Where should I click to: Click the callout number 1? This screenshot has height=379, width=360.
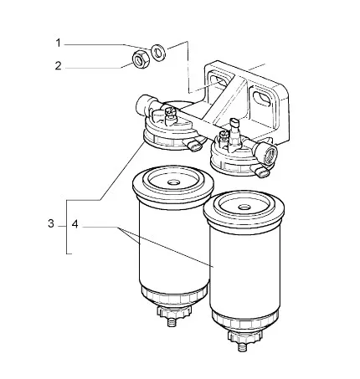[x=58, y=44]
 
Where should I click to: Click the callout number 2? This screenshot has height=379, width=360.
[x=58, y=66]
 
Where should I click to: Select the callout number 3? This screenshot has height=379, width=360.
[x=51, y=223]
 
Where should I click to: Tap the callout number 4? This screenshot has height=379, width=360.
[x=75, y=224]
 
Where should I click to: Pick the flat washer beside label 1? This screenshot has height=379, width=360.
[x=158, y=52]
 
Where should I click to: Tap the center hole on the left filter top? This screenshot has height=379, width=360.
[x=173, y=182]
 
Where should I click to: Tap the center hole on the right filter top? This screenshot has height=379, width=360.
[x=244, y=207]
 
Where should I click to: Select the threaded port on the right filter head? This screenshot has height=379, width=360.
[x=269, y=153]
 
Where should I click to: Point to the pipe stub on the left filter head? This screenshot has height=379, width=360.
[x=145, y=105]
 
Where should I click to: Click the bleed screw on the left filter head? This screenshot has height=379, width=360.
[x=170, y=116]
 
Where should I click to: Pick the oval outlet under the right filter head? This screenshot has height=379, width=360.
[x=261, y=171]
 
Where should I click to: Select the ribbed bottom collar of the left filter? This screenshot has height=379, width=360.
[x=173, y=296]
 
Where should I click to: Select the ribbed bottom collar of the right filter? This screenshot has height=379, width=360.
[x=244, y=320]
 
